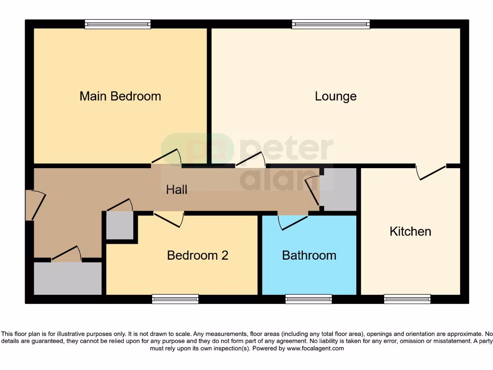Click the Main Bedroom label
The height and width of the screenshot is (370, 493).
point(120,96)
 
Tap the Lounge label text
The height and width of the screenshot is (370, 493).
point(336,96)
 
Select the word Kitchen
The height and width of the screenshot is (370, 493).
point(410,232)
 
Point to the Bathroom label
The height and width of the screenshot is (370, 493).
point(309,255)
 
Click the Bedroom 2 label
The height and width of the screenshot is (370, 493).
point(197,255)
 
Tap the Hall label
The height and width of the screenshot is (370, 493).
point(177,190)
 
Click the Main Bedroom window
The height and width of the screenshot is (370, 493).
point(117,24)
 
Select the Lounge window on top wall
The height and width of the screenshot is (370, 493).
point(331,24)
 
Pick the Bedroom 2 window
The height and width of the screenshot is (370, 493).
point(175,299)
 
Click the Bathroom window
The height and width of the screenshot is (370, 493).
point(309,299)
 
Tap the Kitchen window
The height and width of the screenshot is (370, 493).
point(407,299)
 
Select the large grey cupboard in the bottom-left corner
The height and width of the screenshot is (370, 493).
point(67,278)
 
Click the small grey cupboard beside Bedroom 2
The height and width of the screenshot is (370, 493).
point(119,226)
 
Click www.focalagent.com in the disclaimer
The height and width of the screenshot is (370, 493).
point(315,348)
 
